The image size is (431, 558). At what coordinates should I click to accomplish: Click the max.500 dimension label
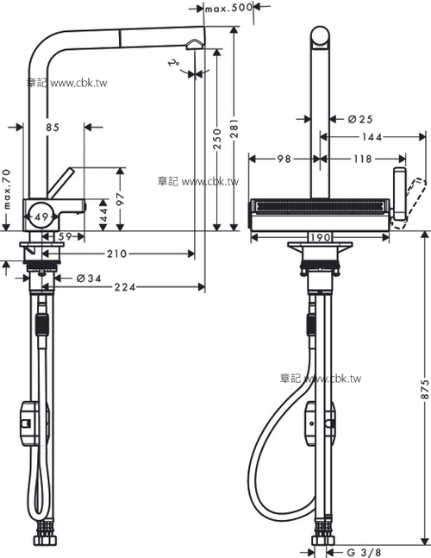(229, 9)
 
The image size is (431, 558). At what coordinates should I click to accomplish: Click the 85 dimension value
(52, 128)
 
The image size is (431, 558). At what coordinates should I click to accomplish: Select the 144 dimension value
(372, 137)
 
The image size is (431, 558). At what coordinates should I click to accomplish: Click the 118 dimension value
(361, 159)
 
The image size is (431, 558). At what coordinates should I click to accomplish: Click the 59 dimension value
(64, 236)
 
